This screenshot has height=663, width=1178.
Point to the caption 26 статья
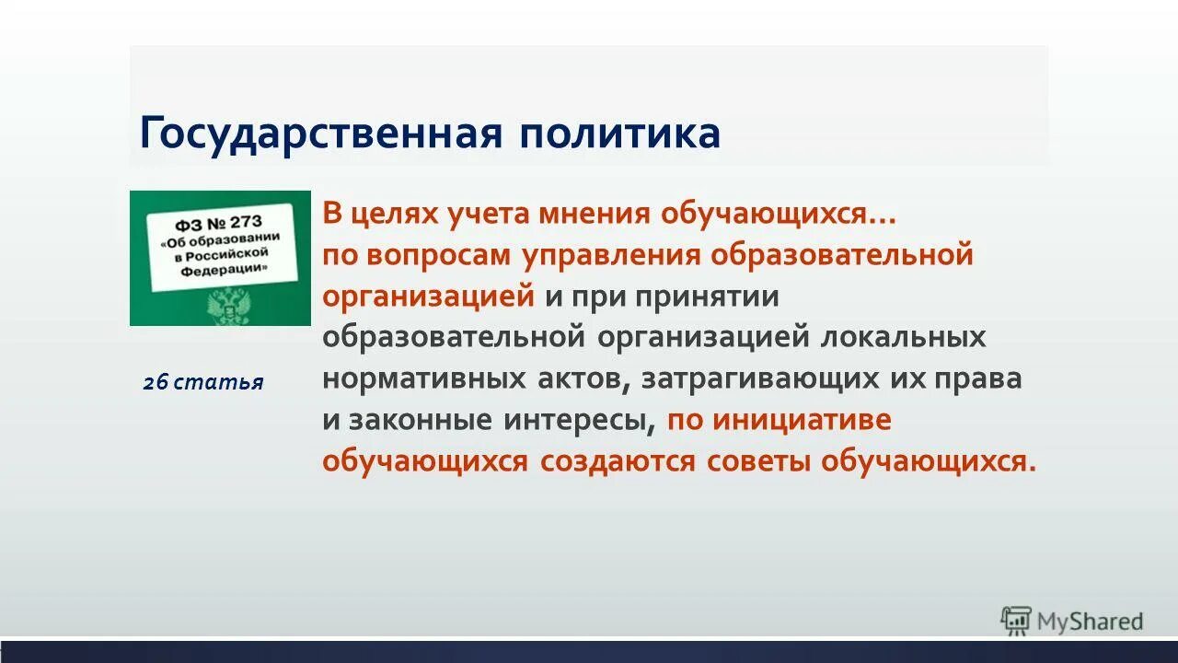point(203,382)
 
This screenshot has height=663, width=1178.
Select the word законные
point(420,421)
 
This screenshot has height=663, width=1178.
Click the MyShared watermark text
point(1090,622)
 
